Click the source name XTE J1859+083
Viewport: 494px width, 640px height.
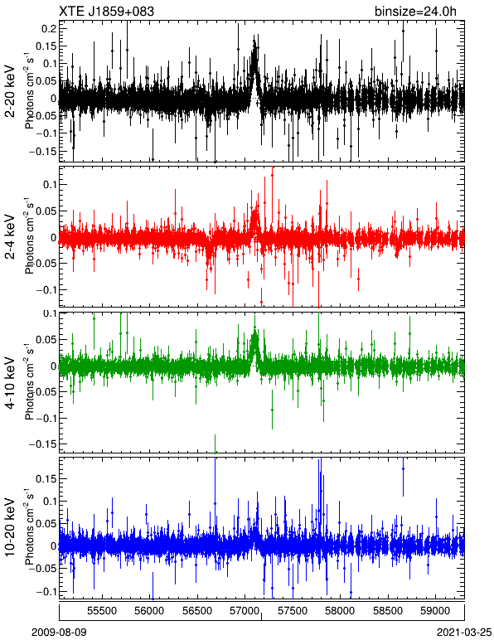[106, 12]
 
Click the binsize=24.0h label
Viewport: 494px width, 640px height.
[415, 12]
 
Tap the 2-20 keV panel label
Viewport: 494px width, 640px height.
[10, 91]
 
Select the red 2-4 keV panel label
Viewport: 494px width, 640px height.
[10, 237]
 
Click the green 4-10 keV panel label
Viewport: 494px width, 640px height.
[10, 382]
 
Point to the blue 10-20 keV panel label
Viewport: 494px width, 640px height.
[10, 527]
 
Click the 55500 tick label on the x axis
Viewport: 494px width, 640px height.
[102, 611]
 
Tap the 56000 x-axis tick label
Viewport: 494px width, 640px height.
[150, 611]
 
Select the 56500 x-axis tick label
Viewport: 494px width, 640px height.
[197, 611]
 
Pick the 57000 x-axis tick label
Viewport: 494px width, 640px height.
[245, 611]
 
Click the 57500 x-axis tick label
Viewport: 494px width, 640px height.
[293, 611]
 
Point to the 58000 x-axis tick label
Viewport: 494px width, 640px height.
[340, 611]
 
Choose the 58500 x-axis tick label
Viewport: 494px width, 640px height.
[388, 611]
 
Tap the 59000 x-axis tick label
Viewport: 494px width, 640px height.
[436, 611]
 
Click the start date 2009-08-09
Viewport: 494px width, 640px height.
[59, 633]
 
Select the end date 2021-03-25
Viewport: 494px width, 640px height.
[464, 633]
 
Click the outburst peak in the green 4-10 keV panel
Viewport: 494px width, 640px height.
[255, 327]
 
